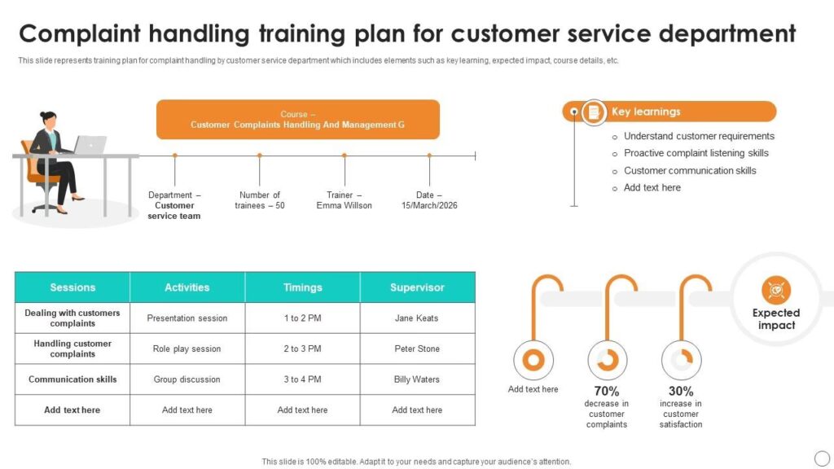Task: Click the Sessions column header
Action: [72, 287]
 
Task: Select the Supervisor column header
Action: [418, 287]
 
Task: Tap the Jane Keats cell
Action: [416, 318]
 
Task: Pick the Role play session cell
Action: [187, 348]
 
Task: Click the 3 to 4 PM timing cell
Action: [302, 379]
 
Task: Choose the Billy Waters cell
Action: [416, 379]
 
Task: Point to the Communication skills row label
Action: [72, 379]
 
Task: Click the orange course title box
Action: [298, 120]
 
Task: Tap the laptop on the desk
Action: [90, 145]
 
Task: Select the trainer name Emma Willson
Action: [345, 205]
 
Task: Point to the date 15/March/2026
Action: [429, 205]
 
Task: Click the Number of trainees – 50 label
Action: [260, 200]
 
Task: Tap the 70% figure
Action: [606, 391]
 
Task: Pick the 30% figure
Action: [681, 391]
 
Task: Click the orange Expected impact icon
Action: [776, 290]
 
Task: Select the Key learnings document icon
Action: [594, 112]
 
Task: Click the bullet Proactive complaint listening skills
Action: [696, 153]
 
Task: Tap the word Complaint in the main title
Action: [80, 34]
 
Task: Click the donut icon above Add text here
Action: [533, 360]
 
